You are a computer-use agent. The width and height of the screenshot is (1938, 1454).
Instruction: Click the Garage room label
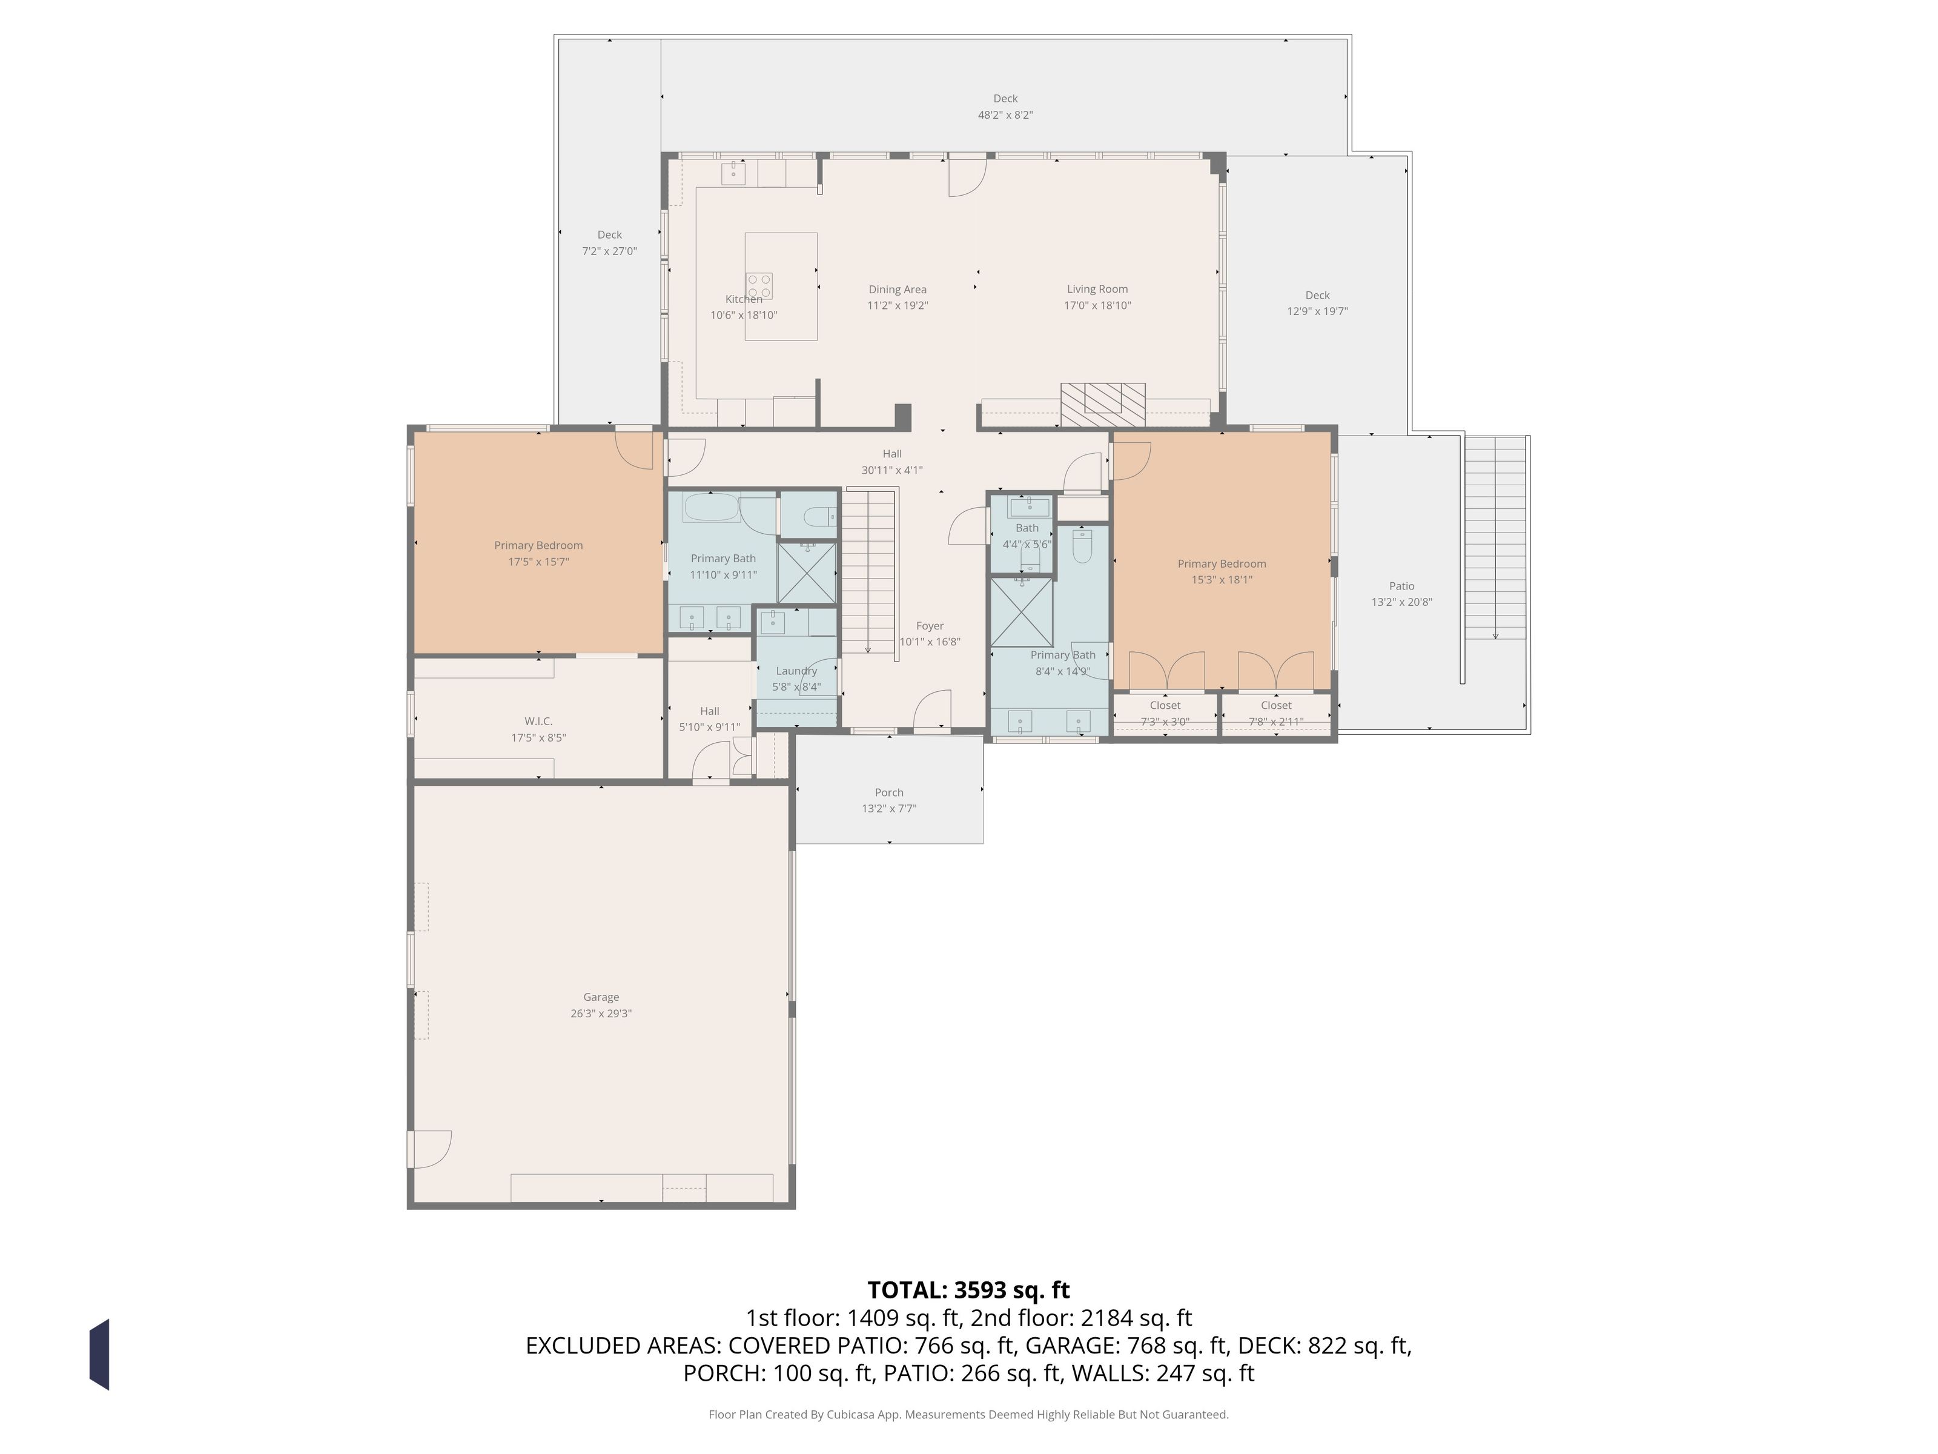[601, 997]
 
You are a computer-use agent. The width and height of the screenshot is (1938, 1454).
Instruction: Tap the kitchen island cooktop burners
[759, 286]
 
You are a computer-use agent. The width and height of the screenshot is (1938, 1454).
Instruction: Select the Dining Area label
[897, 289]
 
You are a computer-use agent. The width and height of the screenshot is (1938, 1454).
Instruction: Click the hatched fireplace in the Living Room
[1102, 405]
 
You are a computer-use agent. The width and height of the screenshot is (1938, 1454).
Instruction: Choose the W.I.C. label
[538, 722]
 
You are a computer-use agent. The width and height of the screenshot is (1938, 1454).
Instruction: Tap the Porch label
[888, 792]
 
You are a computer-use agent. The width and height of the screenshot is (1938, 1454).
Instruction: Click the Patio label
[1401, 586]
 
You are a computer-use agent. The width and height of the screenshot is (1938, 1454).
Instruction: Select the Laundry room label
[796, 671]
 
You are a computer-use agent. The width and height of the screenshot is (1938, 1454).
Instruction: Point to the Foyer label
[930, 626]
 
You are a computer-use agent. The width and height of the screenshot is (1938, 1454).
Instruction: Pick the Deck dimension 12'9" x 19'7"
[1317, 311]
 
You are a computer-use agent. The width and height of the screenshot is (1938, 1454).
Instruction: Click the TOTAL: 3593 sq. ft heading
[968, 1290]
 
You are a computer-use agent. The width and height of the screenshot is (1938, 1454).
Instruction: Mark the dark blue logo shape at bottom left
[99, 1354]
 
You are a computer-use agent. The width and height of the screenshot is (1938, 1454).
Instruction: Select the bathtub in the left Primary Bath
[712, 508]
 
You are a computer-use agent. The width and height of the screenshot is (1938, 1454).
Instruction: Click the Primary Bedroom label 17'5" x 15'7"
[538, 562]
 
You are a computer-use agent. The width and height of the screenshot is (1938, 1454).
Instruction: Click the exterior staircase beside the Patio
[1495, 537]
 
